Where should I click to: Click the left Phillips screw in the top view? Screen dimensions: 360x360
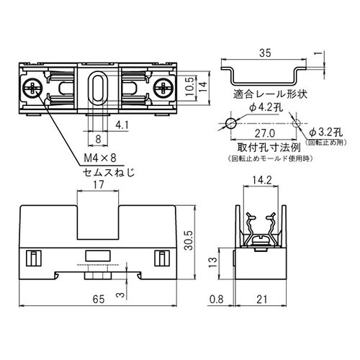point(35,89)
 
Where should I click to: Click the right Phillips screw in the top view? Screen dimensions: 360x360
point(163,89)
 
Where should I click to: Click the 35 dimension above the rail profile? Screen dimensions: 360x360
point(266,53)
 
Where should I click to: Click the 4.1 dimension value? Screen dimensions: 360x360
point(122,125)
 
